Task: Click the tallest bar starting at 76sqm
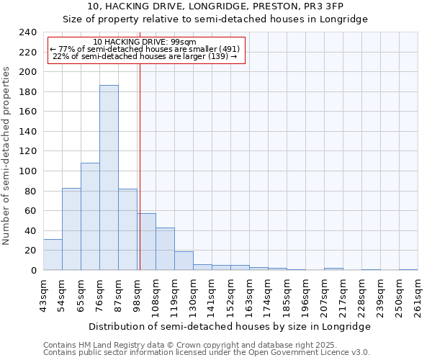point(109,178)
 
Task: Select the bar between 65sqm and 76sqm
point(90,216)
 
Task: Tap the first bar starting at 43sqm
point(53,254)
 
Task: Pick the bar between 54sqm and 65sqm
point(71,229)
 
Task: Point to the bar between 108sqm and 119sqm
point(165,248)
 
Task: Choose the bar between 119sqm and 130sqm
point(184,261)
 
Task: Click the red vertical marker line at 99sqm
point(140,180)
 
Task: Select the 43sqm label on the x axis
point(43,295)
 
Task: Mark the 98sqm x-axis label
point(137,295)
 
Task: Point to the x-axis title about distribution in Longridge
point(230,326)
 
